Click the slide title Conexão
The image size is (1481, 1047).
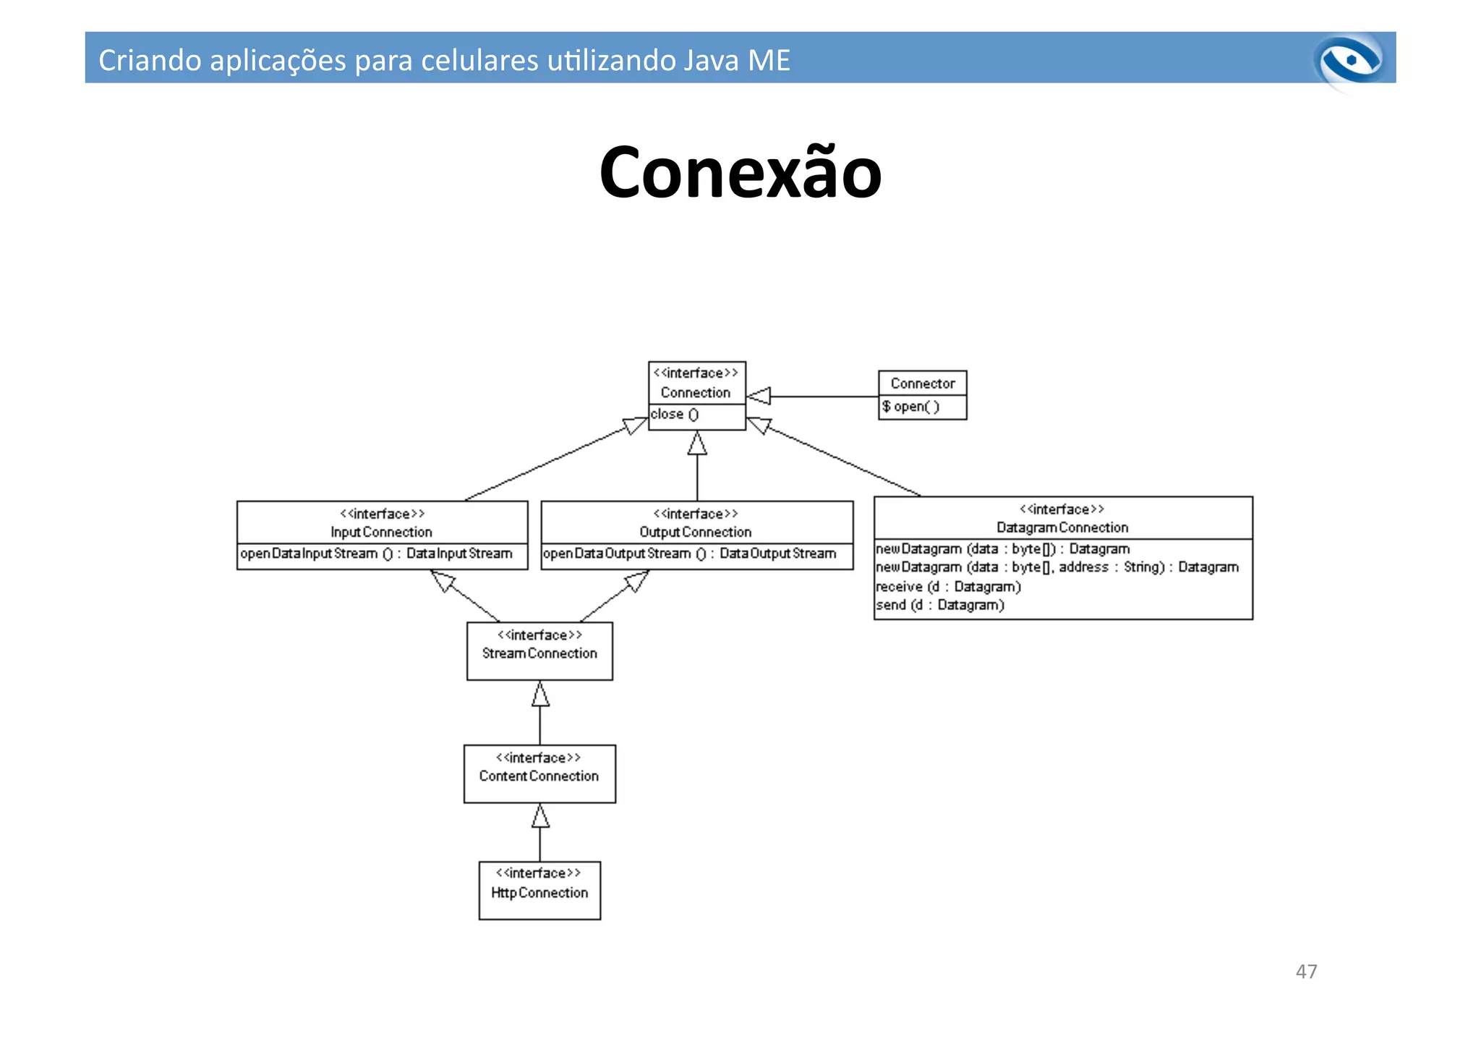pos(740,173)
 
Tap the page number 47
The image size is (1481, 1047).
pos(1306,971)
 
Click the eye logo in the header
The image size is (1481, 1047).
pos(1350,61)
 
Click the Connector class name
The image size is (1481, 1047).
pos(922,383)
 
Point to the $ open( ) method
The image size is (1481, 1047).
pos(910,407)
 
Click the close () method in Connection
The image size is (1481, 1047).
pos(674,415)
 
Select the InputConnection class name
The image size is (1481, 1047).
pos(381,533)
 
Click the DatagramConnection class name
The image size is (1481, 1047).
pos(1062,528)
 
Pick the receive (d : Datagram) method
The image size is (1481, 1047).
pos(948,587)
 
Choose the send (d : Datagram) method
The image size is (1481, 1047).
pos(939,606)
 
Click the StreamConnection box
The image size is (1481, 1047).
pos(539,650)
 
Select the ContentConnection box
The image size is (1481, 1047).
pos(539,773)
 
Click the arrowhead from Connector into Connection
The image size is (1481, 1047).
pos(759,397)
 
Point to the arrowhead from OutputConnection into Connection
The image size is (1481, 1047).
pos(697,444)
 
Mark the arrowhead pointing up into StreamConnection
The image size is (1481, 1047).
pos(540,694)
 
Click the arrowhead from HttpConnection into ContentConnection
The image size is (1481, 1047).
pos(540,816)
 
